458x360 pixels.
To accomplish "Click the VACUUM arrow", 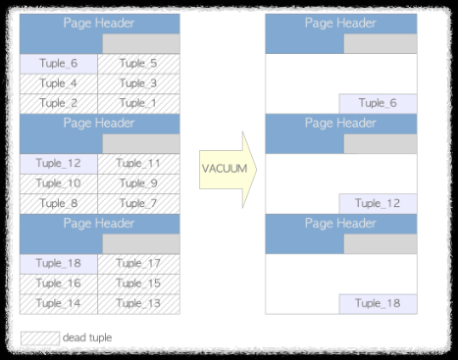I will [x=226, y=169].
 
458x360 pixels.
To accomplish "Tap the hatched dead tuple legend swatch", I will [x=39, y=338].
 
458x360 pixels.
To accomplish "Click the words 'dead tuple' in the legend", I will [x=87, y=338].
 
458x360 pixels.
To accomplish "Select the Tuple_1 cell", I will [x=138, y=103].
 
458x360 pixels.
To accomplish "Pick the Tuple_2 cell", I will [x=59, y=103].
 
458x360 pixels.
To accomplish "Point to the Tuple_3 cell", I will [x=138, y=83].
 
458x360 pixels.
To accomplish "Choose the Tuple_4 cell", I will [x=59, y=83].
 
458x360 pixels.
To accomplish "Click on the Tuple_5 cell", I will [x=138, y=64].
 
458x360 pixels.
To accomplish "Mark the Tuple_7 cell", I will [x=138, y=203].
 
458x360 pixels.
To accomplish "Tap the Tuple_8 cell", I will [x=59, y=203].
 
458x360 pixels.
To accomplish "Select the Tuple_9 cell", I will [x=138, y=183].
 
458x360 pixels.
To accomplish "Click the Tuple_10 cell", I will [x=59, y=183].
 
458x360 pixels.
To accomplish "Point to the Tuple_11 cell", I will [x=138, y=164].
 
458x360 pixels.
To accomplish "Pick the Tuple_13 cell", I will [x=138, y=303].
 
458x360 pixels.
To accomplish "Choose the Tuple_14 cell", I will [x=59, y=303].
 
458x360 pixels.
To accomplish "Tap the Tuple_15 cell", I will [x=138, y=283].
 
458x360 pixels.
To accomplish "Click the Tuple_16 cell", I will [x=59, y=283].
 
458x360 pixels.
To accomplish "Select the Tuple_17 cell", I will [x=138, y=263].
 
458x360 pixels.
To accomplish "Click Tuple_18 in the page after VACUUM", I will [x=379, y=303].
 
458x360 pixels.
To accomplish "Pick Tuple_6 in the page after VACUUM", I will [x=379, y=103].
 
